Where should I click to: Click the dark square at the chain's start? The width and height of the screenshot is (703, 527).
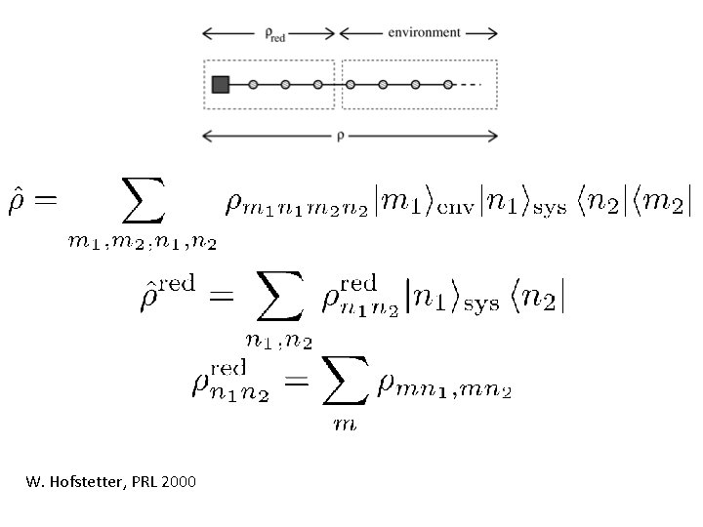tap(220, 84)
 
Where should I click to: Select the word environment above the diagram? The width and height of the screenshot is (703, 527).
tap(424, 32)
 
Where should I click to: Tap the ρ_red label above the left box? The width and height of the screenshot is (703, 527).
tap(275, 33)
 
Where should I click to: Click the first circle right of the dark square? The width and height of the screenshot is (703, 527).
tap(252, 84)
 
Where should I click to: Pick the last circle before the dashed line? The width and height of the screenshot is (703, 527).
tap(447, 84)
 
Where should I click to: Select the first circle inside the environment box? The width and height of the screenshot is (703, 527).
tap(352, 84)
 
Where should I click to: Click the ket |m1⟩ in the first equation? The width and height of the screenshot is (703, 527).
tap(387, 202)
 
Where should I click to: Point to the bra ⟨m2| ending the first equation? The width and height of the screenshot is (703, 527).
tap(667, 202)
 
